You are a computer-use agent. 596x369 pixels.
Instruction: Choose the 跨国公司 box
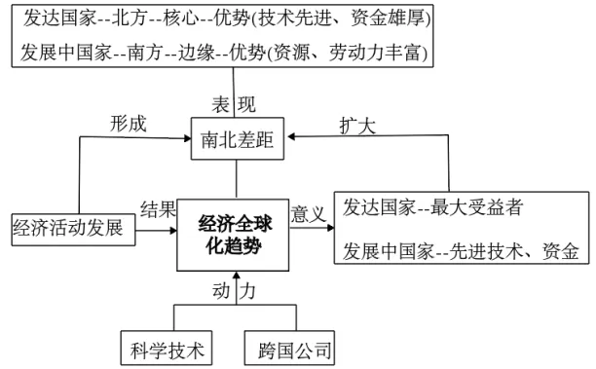[x=289, y=349]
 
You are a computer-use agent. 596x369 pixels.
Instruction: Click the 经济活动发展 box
[x=67, y=230]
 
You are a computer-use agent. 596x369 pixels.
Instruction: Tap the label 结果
[x=159, y=209]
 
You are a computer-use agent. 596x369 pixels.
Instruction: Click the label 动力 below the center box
[x=235, y=289]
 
